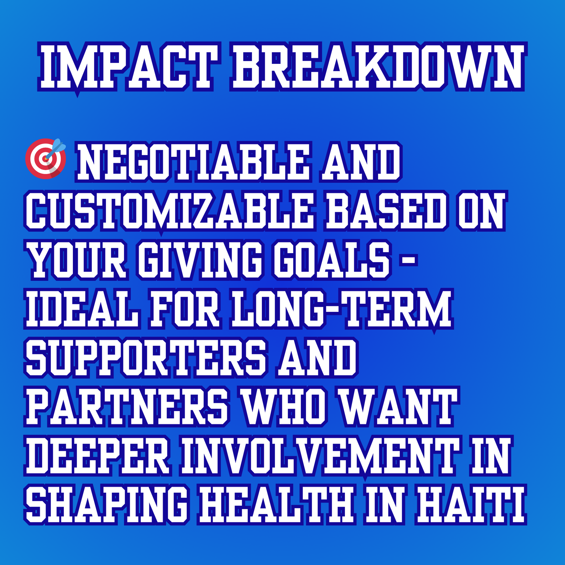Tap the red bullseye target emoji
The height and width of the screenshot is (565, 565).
coord(45,158)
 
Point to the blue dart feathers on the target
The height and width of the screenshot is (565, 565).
coord(59,145)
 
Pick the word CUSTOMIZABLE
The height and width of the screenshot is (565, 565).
coord(170,211)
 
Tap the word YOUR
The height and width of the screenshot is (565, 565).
coord(79,260)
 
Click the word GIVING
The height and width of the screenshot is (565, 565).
coord(199,260)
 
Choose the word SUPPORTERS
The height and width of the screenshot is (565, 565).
coord(146,358)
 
